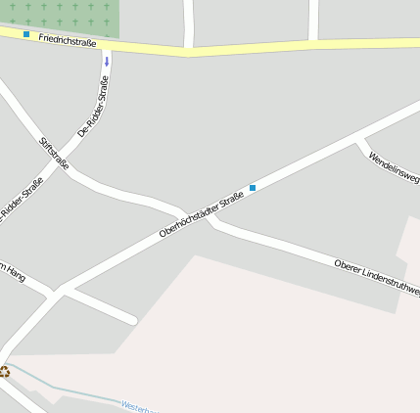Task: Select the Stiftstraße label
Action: (x=54, y=154)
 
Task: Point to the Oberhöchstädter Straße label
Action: (x=201, y=216)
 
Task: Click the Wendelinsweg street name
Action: (x=394, y=165)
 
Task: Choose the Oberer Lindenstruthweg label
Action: (x=377, y=278)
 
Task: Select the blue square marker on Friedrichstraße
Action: (x=26, y=34)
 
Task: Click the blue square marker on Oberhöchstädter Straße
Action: (x=253, y=187)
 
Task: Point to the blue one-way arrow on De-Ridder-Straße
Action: (x=107, y=61)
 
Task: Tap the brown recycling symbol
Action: (x=5, y=371)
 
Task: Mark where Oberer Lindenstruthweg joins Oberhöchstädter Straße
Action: (x=210, y=219)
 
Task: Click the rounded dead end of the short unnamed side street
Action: (x=132, y=319)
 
